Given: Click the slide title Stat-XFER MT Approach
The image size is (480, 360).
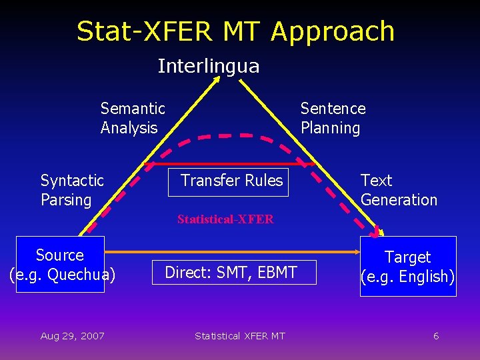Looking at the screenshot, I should point(235,31).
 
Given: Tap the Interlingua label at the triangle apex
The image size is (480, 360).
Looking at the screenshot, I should point(208,66).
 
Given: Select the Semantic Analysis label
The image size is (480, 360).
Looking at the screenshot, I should point(133,118).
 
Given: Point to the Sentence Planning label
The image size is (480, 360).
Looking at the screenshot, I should point(333,118).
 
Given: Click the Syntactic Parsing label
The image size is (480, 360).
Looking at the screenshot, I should point(72,190).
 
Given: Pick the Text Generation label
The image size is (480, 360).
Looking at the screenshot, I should point(399,190).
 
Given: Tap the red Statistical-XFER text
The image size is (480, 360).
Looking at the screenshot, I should point(225,219).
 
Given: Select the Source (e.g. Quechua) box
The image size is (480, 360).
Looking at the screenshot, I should point(60,264).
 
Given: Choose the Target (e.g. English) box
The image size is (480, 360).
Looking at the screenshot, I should point(408,266).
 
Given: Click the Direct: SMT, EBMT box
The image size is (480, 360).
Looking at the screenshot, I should point(231,272).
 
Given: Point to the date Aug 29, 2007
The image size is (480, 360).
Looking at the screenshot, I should point(72,336).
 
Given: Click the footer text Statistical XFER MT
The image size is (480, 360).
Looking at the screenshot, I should point(239,336).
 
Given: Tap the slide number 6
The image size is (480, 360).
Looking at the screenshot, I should point(436,336).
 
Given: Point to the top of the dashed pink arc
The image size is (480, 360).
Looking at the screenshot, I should point(226,135).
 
